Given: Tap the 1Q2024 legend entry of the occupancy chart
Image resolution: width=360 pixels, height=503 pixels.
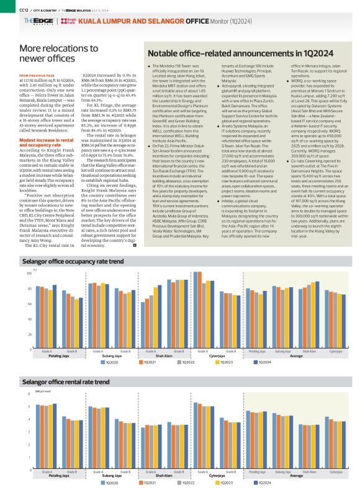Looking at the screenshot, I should [x=263, y=362].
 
